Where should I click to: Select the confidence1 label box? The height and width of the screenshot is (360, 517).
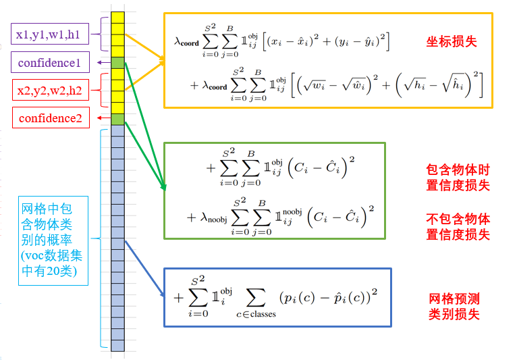tap(50, 62)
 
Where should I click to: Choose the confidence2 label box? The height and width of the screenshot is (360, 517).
tap(51, 118)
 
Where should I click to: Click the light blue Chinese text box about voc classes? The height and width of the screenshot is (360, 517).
tap(53, 240)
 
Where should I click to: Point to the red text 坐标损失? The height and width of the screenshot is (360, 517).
tap(452, 42)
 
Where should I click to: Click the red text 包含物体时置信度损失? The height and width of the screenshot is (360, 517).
tap(458, 178)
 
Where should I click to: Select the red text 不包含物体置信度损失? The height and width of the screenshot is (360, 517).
tap(458, 227)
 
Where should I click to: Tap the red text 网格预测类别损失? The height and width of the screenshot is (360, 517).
tap(454, 307)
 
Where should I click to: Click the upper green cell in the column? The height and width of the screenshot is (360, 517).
tap(117, 63)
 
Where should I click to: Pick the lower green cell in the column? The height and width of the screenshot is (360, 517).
tap(117, 119)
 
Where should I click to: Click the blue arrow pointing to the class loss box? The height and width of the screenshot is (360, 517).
tap(144, 269)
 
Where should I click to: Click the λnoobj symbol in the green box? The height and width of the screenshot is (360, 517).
tap(214, 217)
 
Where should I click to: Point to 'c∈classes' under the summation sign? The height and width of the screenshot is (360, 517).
tap(256, 314)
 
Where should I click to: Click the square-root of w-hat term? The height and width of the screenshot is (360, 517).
tap(356, 85)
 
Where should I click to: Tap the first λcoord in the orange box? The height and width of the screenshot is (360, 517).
tap(187, 42)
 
